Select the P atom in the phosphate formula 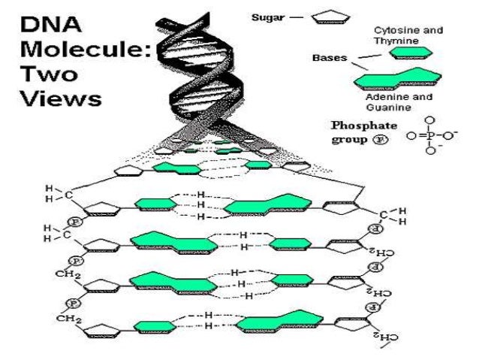[x=429, y=137]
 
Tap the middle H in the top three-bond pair [x=200, y=204]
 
